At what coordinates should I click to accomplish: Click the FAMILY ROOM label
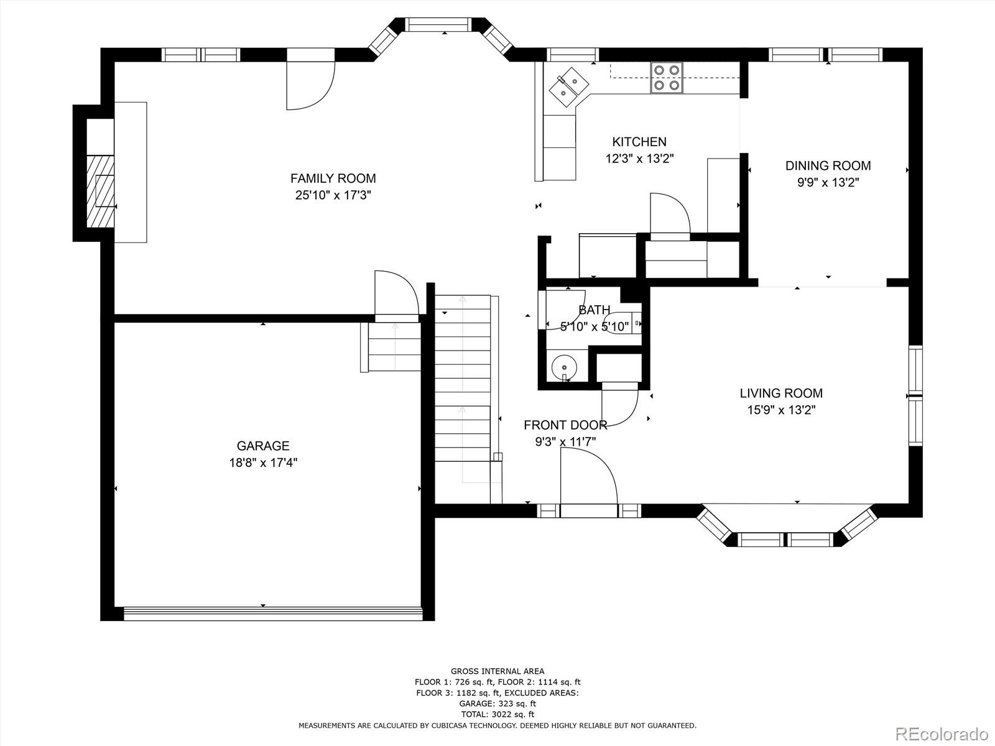[x=333, y=178]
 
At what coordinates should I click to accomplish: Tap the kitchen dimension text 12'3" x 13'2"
[x=640, y=159]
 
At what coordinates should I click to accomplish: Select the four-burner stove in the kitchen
[x=667, y=78]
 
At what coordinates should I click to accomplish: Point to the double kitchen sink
[x=569, y=88]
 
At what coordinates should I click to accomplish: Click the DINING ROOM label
[x=828, y=166]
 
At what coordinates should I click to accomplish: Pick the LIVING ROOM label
[x=781, y=393]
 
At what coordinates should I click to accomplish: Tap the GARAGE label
[x=263, y=446]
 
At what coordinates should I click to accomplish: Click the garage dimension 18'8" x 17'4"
[x=263, y=463]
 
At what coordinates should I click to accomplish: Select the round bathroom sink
[x=564, y=367]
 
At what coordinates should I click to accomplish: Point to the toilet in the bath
[x=623, y=323]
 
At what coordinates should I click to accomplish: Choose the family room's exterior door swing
[x=310, y=86]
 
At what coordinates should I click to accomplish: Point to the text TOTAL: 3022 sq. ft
[x=497, y=714]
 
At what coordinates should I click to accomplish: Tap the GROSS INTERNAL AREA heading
[x=497, y=671]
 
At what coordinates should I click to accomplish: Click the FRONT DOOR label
[x=565, y=425]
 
